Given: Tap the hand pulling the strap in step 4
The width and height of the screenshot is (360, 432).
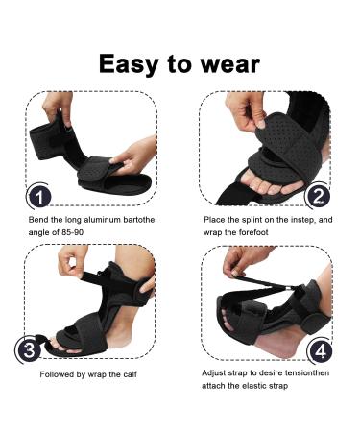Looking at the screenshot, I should point(234,261).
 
